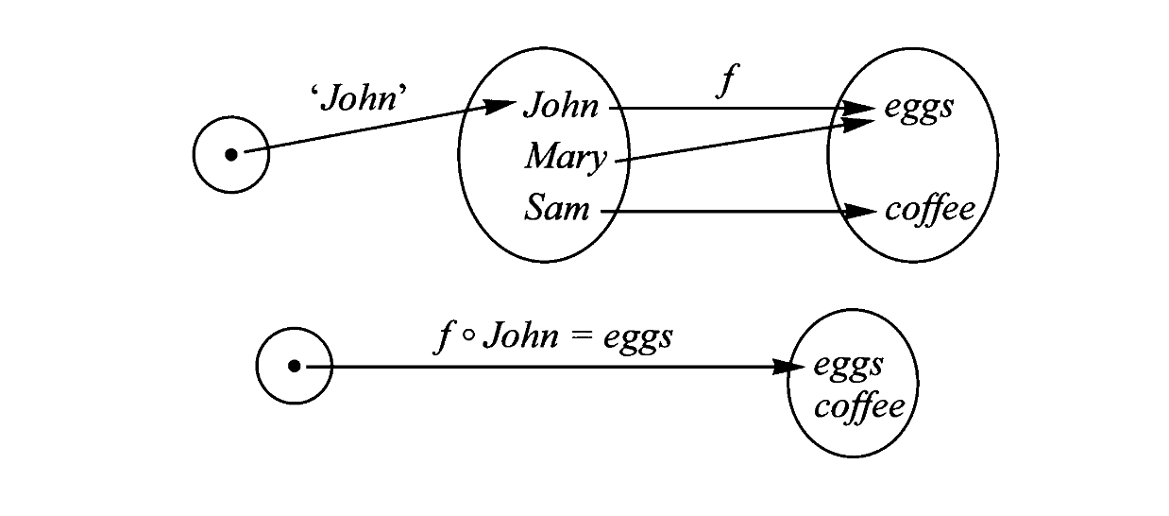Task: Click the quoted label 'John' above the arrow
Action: (364, 98)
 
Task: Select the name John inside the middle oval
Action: (561, 105)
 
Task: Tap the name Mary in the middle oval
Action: (566, 158)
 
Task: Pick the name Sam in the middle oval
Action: (557, 208)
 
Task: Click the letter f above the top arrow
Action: (724, 83)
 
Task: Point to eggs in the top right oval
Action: (919, 108)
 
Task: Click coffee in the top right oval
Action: (929, 209)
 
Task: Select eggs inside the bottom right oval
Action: (848, 365)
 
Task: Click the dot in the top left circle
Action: (231, 154)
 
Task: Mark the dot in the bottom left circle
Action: (295, 366)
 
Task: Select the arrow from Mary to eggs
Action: (737, 142)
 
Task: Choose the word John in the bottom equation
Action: (520, 336)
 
